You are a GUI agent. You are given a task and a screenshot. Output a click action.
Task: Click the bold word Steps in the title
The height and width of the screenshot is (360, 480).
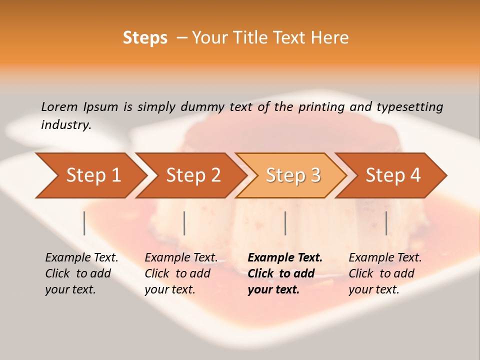[x=145, y=38]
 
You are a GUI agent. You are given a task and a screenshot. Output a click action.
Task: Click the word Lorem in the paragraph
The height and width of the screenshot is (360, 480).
[x=59, y=107]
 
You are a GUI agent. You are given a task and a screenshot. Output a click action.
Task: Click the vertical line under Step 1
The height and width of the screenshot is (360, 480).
[x=84, y=223]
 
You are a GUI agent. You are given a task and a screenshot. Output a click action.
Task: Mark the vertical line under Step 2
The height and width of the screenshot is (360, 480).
[x=184, y=223]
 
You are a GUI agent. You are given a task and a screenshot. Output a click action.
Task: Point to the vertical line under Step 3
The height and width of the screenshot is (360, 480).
[x=285, y=223]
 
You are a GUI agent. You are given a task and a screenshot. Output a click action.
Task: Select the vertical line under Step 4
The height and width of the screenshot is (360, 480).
[x=386, y=223]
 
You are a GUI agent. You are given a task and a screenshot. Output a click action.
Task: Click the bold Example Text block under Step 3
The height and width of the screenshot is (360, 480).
[x=284, y=273]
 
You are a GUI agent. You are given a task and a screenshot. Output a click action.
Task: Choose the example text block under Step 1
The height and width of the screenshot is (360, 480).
[x=81, y=273]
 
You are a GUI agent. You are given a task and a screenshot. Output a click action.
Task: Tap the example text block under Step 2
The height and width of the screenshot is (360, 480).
[x=180, y=273]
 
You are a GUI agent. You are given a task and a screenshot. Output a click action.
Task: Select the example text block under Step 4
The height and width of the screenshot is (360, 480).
[x=384, y=273]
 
